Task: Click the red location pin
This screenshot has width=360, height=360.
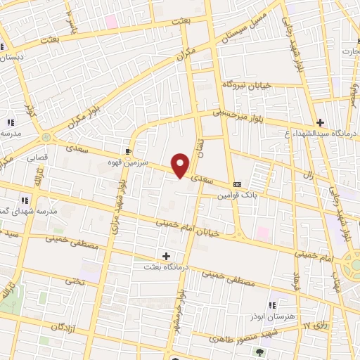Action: (x=181, y=165)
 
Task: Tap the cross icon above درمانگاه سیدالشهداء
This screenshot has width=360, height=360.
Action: (x=320, y=122)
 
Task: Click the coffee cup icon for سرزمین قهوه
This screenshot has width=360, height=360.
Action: (x=128, y=150)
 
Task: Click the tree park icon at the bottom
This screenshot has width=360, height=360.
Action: (x=261, y=352)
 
